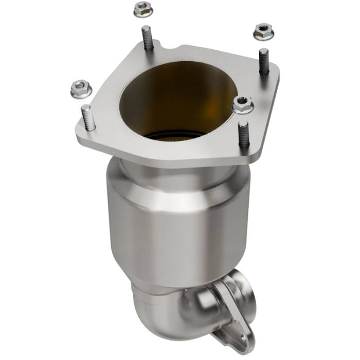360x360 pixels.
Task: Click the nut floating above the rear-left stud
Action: tap(141, 9)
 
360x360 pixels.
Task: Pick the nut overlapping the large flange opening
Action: tap(242, 105)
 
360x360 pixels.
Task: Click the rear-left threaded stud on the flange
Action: tap(147, 39)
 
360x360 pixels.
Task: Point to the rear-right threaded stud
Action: tap(264, 60)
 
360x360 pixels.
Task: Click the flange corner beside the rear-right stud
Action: tap(278, 72)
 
